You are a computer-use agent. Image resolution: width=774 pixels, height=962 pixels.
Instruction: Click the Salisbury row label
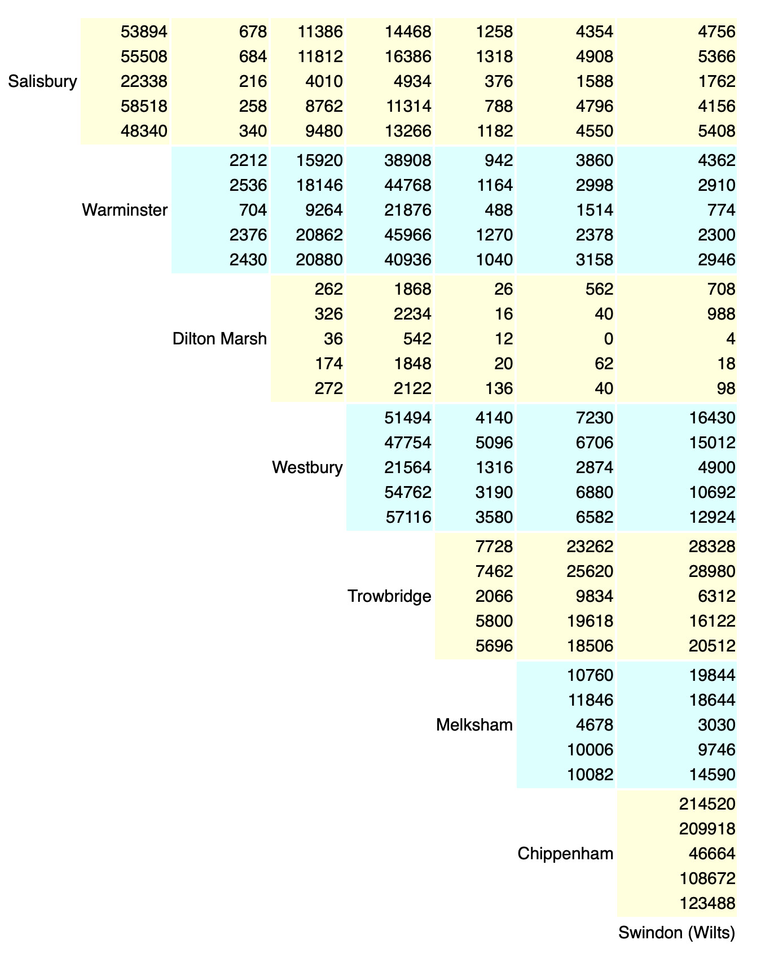pyautogui.click(x=42, y=81)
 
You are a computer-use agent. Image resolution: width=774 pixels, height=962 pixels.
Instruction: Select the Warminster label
pyautogui.click(x=125, y=210)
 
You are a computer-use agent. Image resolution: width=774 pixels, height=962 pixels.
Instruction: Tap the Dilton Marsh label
pyautogui.click(x=219, y=339)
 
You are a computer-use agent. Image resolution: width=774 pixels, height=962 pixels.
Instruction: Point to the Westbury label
pyautogui.click(x=307, y=467)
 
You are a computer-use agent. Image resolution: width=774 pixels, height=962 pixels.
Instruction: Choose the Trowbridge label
pyautogui.click(x=389, y=596)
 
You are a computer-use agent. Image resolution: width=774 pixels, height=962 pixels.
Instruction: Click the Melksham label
pyautogui.click(x=474, y=725)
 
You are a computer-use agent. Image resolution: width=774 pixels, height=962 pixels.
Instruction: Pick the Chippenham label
pyautogui.click(x=565, y=854)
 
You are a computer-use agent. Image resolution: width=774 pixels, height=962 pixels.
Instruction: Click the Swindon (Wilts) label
pyautogui.click(x=677, y=933)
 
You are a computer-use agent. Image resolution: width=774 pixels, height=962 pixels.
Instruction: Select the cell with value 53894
pyautogui.click(x=144, y=32)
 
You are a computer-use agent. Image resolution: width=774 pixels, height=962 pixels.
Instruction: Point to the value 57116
pyautogui.click(x=408, y=517)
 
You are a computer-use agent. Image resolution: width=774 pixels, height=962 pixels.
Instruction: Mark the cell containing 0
pyautogui.click(x=608, y=339)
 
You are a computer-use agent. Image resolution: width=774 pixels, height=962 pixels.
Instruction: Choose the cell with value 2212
pyautogui.click(x=248, y=160)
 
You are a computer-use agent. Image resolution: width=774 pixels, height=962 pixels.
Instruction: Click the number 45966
pyautogui.click(x=408, y=235)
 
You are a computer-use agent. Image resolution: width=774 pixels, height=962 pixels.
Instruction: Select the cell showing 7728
pyautogui.click(x=494, y=546)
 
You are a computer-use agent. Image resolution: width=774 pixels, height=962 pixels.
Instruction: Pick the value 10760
pyautogui.click(x=590, y=675)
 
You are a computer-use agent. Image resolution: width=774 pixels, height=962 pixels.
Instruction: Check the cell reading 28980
pyautogui.click(x=712, y=571)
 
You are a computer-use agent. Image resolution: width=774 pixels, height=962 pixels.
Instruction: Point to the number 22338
pyautogui.click(x=144, y=81)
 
